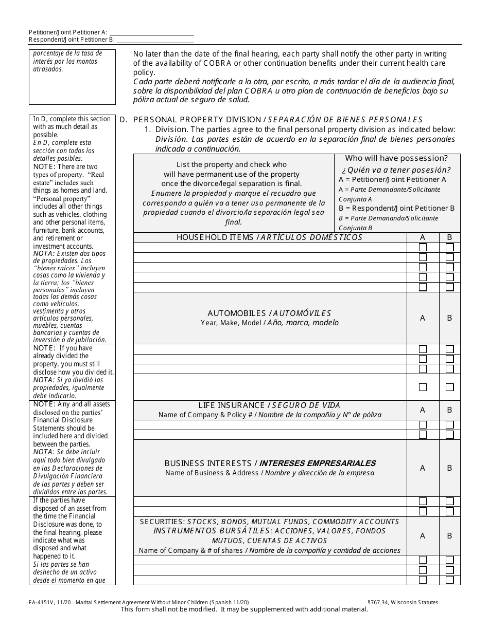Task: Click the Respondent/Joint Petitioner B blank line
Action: click(x=155, y=40)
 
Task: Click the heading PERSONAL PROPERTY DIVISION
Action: click(x=197, y=120)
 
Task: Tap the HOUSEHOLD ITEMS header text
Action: click(x=216, y=237)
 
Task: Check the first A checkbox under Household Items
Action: click(x=423, y=247)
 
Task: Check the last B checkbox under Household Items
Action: click(x=449, y=287)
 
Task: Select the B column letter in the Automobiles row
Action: click(x=449, y=318)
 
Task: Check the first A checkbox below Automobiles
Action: click(x=423, y=349)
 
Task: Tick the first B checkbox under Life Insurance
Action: click(x=449, y=425)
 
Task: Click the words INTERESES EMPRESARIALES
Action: click(x=317, y=463)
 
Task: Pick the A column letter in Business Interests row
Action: click(x=423, y=468)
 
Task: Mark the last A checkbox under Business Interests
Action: click(x=423, y=511)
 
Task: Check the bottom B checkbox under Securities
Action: click(x=449, y=580)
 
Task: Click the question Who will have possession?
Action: click(x=396, y=158)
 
